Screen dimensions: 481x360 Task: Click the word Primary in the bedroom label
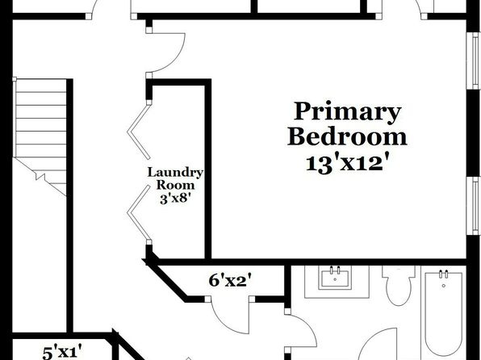(x=348, y=111)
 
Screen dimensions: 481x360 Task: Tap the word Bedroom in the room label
(x=347, y=137)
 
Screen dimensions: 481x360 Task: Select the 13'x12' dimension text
(x=345, y=163)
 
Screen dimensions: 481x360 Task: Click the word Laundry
(x=175, y=173)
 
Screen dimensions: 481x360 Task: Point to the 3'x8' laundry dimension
(x=174, y=199)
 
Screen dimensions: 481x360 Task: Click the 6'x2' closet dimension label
(x=228, y=281)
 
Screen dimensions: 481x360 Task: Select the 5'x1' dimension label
(x=62, y=352)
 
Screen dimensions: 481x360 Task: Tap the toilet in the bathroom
(x=399, y=285)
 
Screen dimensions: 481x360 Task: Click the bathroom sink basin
(x=335, y=278)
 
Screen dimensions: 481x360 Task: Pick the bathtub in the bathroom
(x=444, y=313)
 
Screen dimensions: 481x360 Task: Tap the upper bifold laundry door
(x=139, y=130)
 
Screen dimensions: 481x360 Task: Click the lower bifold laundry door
(x=139, y=214)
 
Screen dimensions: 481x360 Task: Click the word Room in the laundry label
(x=175, y=186)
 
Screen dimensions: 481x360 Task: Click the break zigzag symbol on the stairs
(x=40, y=176)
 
